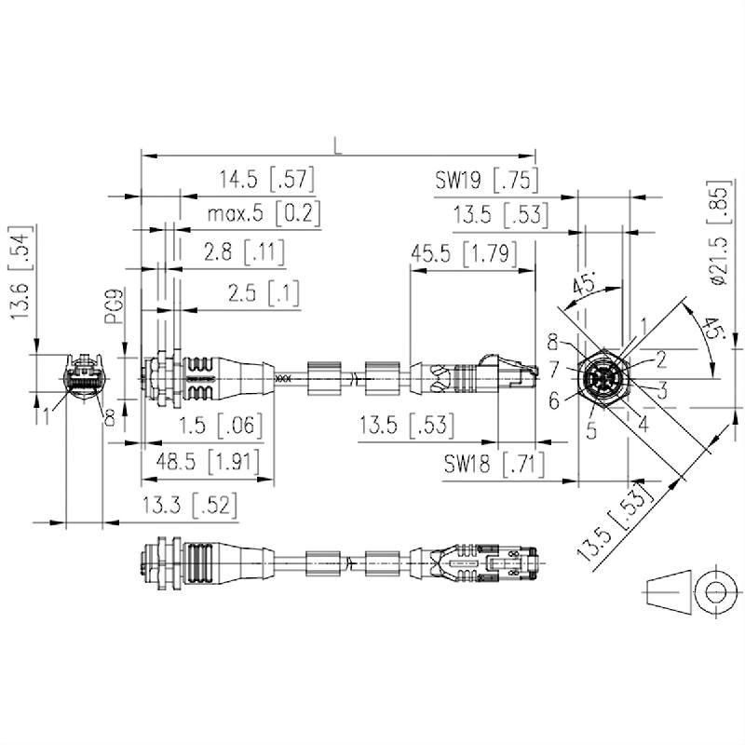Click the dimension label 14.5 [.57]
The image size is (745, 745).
[x=265, y=178]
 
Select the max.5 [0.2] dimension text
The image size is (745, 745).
[x=264, y=214]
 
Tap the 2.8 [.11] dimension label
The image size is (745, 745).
[x=245, y=251]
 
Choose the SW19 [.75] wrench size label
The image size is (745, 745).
[x=487, y=178]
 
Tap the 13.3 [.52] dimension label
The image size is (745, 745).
[x=189, y=506]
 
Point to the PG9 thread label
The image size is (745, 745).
[x=113, y=307]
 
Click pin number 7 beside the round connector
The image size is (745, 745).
[x=553, y=369]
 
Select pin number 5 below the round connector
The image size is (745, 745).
[x=589, y=431]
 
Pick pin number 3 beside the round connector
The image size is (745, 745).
[x=662, y=389]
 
